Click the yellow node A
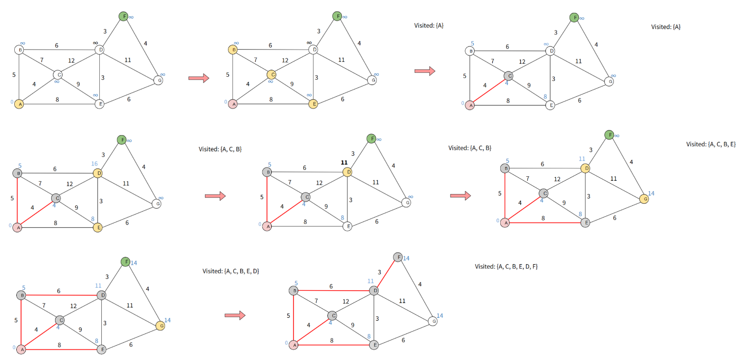[19, 104]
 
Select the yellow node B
[233, 50]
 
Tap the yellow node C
[271, 75]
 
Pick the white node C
[57, 75]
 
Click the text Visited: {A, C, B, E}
[710, 144]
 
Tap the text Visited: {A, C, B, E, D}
[231, 271]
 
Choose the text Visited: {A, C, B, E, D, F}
[506, 266]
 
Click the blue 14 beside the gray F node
[406, 258]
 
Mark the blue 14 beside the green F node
[134, 263]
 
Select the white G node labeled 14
[432, 321]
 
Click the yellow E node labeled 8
[97, 227]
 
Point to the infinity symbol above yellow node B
[236, 44]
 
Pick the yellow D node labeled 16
[97, 173]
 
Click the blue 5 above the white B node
[472, 43]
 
